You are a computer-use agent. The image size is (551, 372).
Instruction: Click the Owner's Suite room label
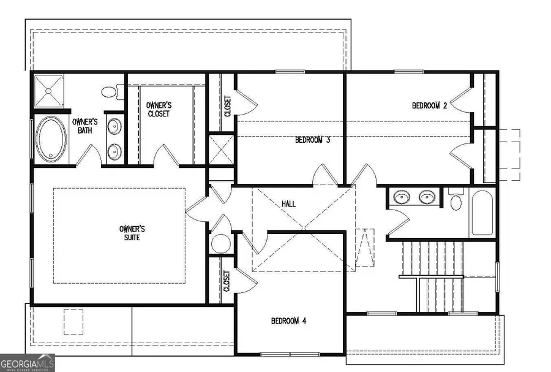tap(132, 233)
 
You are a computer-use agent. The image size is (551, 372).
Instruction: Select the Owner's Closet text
tap(158, 109)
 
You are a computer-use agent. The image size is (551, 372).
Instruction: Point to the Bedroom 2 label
tap(429, 105)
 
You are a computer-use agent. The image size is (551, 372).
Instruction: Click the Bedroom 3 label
tap(313, 140)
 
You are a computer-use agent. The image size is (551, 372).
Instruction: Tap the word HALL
tap(289, 203)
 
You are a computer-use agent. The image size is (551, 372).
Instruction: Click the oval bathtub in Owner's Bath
tap(49, 139)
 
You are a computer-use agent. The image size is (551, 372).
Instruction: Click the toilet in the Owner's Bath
tap(110, 92)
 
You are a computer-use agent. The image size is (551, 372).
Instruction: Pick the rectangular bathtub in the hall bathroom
tap(482, 213)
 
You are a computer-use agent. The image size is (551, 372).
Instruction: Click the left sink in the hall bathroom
tap(402, 197)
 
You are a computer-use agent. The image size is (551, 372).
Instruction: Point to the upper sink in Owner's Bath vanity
tap(114, 127)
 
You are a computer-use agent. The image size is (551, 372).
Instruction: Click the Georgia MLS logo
tap(28, 362)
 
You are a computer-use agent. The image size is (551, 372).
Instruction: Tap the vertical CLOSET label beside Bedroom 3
tap(227, 107)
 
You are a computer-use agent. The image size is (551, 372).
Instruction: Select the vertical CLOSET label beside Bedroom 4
tap(226, 281)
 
